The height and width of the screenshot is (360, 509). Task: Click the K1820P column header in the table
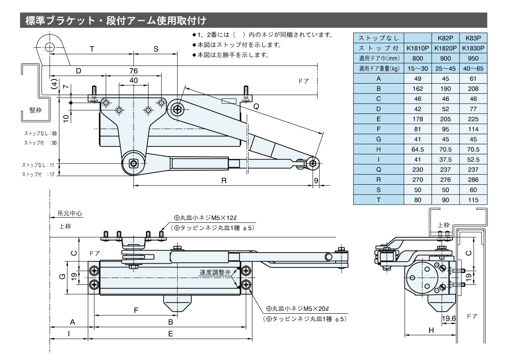(x=445, y=48)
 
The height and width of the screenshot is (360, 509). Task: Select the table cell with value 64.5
(x=418, y=149)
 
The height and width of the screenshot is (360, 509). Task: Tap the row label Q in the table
(x=378, y=169)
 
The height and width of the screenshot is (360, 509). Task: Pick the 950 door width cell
(x=473, y=58)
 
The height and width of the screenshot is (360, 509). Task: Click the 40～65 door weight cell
(x=473, y=68)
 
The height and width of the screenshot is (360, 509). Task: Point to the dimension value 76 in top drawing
(x=134, y=71)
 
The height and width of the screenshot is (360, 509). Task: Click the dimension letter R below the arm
(x=224, y=180)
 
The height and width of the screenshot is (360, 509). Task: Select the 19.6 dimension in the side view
(x=448, y=318)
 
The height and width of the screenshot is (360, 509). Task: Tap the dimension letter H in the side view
(x=431, y=330)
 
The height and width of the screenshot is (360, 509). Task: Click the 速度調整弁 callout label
(x=215, y=273)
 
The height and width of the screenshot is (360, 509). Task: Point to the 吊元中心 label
(x=67, y=214)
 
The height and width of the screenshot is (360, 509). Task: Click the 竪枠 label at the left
(x=36, y=110)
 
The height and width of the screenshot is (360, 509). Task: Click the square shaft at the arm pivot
(x=134, y=163)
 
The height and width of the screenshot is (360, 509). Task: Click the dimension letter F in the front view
(x=136, y=310)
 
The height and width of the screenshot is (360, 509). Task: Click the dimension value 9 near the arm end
(x=316, y=180)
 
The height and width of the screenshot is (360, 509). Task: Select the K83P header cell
(x=473, y=38)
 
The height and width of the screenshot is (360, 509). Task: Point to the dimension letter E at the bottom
(x=170, y=334)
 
